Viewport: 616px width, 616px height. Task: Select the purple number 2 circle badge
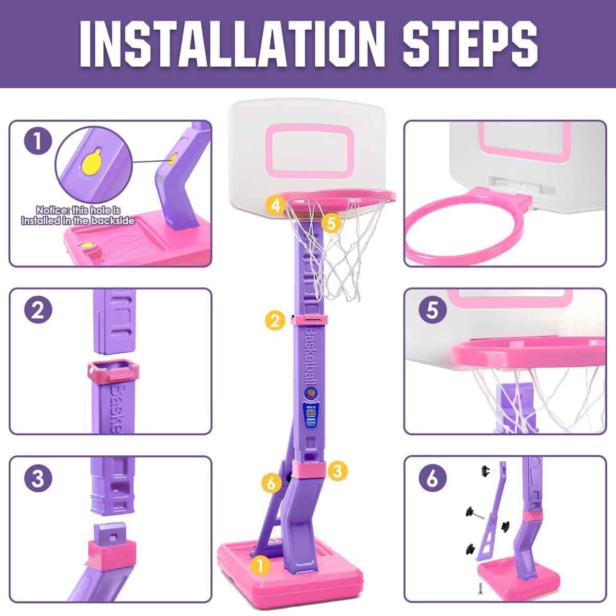pyautogui.click(x=38, y=311)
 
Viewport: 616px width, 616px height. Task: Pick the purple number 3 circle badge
pyautogui.click(x=38, y=479)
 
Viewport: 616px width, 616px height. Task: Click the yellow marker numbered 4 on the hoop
pyautogui.click(x=276, y=205)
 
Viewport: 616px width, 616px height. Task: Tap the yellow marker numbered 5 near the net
pyautogui.click(x=332, y=223)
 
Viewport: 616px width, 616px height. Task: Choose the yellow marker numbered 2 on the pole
pyautogui.click(x=276, y=321)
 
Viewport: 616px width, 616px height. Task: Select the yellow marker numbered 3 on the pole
pyautogui.click(x=337, y=470)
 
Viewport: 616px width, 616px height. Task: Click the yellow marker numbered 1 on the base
pyautogui.click(x=261, y=566)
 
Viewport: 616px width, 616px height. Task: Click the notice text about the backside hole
pyautogui.click(x=78, y=216)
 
